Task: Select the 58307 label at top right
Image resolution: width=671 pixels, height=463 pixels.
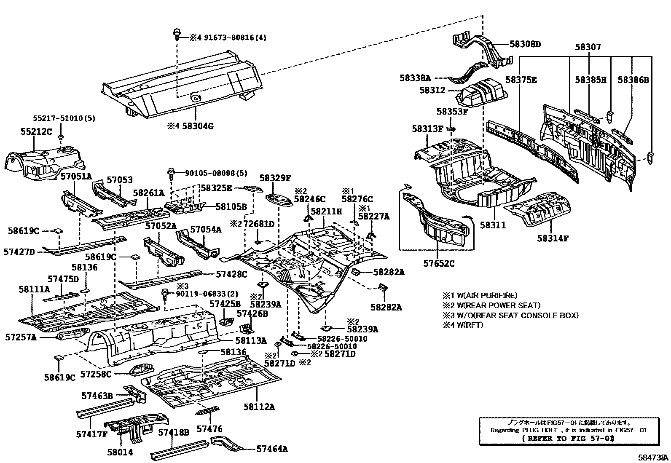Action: pyautogui.click(x=588, y=47)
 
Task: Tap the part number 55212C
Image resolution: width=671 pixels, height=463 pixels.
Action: pyautogui.click(x=36, y=131)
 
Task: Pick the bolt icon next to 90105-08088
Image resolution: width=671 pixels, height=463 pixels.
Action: pyautogui.click(x=172, y=173)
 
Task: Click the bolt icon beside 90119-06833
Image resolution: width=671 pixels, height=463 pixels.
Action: pyautogui.click(x=166, y=294)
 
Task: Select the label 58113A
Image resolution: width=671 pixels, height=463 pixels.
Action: pyautogui.click(x=251, y=340)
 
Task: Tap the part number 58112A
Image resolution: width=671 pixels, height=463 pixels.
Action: pyautogui.click(x=259, y=407)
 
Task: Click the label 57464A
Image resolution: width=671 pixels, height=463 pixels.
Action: pyautogui.click(x=272, y=449)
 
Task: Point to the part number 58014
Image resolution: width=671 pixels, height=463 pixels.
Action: pyautogui.click(x=120, y=452)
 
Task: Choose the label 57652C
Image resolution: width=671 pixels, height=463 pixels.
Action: pyautogui.click(x=439, y=264)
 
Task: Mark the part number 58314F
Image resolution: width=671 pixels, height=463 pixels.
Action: pyautogui.click(x=553, y=238)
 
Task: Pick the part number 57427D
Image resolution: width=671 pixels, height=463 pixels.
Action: pyautogui.click(x=19, y=252)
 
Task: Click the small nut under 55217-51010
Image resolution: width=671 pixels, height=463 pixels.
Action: pyautogui.click(x=61, y=138)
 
